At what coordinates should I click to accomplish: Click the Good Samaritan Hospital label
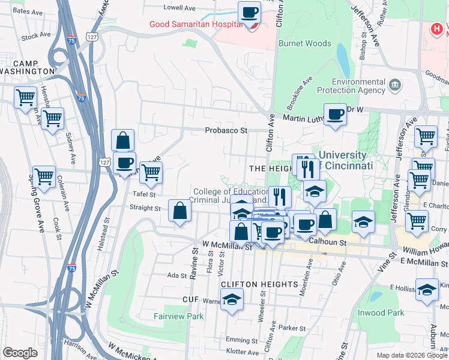tap(197, 24)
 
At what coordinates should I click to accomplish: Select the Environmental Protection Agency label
tap(358, 86)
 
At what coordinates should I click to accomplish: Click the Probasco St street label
tap(226, 130)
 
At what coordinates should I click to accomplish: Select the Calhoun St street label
tap(328, 242)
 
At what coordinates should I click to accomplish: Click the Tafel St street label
tap(144, 194)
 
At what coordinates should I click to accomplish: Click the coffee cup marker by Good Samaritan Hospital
tap(249, 12)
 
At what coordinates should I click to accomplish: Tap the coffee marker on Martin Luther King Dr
tap(335, 113)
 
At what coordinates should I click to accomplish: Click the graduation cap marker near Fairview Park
tap(231, 299)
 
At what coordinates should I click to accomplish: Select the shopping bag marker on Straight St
tap(180, 211)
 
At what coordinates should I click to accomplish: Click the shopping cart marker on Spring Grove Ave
tap(44, 176)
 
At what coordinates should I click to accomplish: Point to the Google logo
tap(20, 353)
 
